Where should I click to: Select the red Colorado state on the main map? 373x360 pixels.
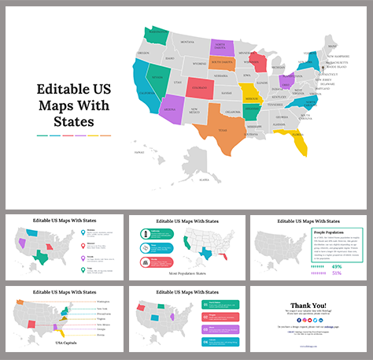(199, 87)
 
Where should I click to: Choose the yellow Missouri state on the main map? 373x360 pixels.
(251, 92)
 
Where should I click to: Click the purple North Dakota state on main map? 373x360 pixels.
(220, 44)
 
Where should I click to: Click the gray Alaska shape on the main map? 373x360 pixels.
(198, 165)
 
